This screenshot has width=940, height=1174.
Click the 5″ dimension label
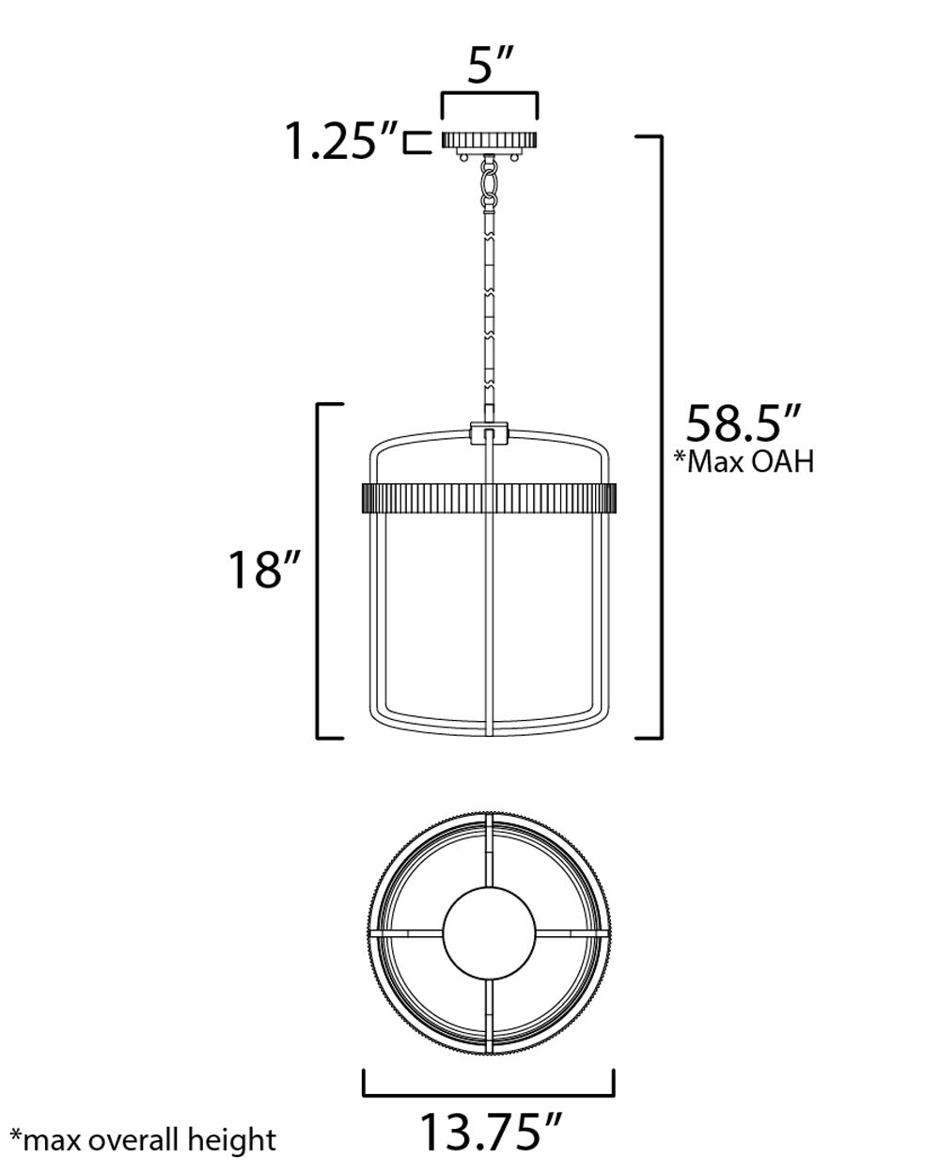(x=490, y=68)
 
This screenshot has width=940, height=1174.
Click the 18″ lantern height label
(x=267, y=569)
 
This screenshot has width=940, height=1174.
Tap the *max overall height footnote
(x=143, y=1140)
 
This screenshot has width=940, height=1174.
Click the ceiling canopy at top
(x=489, y=142)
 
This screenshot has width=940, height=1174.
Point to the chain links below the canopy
(x=489, y=184)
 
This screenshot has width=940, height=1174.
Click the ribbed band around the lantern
(x=489, y=497)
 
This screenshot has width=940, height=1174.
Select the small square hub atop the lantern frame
(x=489, y=433)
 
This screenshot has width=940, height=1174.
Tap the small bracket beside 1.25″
(x=412, y=142)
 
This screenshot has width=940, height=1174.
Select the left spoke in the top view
(x=406, y=932)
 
